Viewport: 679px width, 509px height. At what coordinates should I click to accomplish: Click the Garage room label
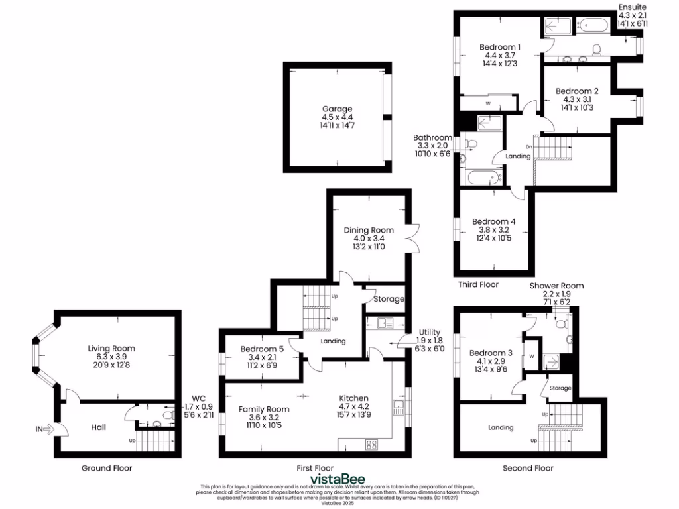(x=337, y=109)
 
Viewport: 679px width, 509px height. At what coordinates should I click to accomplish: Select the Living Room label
(x=111, y=348)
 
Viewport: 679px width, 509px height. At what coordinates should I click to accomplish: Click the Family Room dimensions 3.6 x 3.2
(x=264, y=418)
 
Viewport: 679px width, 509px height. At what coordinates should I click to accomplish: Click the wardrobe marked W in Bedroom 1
(x=488, y=103)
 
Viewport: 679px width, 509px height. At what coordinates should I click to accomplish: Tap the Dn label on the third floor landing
(x=528, y=146)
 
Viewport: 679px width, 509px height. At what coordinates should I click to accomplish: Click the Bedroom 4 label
(x=493, y=221)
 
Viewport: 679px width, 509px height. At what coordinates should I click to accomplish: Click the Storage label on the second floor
(x=559, y=388)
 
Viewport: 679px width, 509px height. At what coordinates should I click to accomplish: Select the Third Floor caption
(x=478, y=284)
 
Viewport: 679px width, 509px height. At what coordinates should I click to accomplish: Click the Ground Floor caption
(x=107, y=468)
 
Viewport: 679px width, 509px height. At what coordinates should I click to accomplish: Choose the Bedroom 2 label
(x=577, y=91)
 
